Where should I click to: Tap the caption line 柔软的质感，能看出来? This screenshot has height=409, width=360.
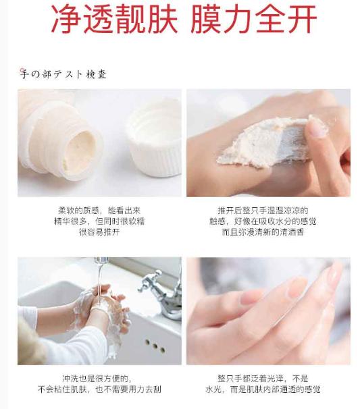(99, 211)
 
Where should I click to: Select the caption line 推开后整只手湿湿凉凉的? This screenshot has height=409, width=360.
(268, 211)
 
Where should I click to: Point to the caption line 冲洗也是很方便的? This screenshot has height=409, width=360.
(99, 379)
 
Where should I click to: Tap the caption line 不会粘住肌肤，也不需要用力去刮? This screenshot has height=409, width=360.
(99, 389)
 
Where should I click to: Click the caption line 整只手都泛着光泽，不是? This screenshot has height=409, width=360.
(268, 379)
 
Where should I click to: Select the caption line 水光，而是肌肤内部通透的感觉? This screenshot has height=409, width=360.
(268, 389)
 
